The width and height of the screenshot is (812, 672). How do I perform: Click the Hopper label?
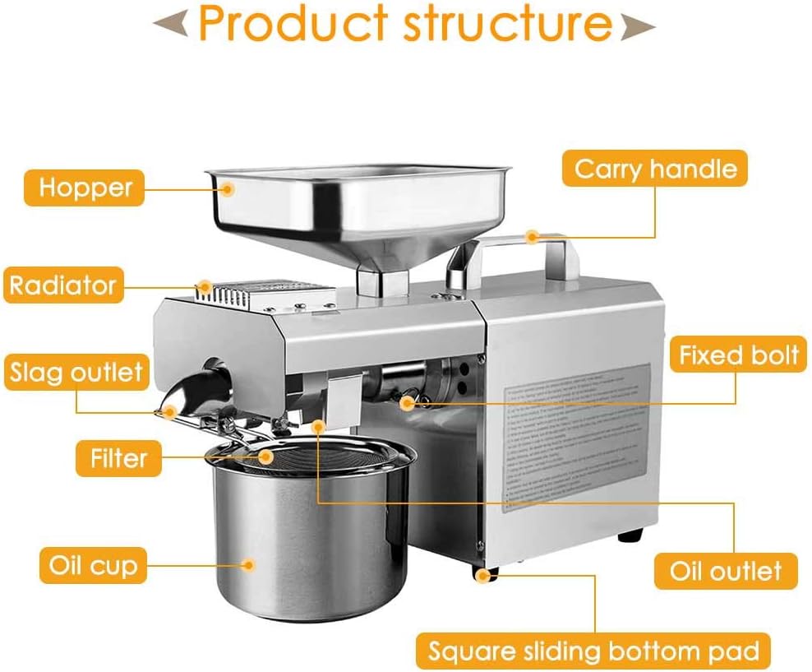tap(85, 187)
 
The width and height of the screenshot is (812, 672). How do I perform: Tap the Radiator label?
tap(62, 285)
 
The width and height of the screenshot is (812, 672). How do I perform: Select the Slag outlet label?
tap(76, 373)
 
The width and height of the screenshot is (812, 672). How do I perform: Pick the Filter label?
tap(119, 457)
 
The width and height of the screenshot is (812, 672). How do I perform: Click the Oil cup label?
tap(93, 566)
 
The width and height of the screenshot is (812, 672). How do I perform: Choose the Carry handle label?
tap(655, 169)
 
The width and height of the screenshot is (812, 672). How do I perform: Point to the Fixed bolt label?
tap(738, 355)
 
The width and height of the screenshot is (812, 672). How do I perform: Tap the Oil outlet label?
tap(725, 570)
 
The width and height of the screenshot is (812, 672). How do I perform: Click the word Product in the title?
tap(291, 25)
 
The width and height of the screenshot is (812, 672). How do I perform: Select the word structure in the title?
tap(505, 25)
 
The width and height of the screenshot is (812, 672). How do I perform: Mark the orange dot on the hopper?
tap(228, 189)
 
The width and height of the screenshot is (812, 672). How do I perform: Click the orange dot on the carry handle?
tap(533, 237)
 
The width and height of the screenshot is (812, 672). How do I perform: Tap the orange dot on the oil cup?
tap(249, 564)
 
